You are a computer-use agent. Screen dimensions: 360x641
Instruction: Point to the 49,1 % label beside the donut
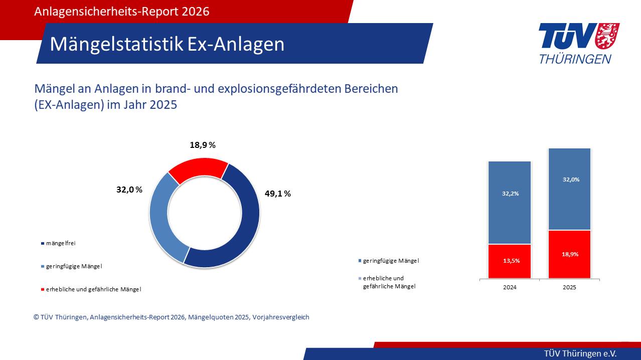pyautogui.click(x=277, y=194)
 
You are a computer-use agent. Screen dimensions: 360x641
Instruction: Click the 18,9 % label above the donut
pyautogui.click(x=203, y=145)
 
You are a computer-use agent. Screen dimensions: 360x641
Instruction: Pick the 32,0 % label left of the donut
pyautogui.click(x=129, y=190)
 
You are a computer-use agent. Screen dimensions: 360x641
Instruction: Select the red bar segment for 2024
pyautogui.click(x=510, y=261)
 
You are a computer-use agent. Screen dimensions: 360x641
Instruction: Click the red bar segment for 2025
pyautogui.click(x=570, y=254)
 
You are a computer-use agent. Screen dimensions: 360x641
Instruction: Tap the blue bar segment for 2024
pyautogui.click(x=510, y=203)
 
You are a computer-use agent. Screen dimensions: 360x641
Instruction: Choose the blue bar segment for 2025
pyautogui.click(x=570, y=189)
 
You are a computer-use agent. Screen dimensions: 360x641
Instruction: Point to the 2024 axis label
pyautogui.click(x=510, y=287)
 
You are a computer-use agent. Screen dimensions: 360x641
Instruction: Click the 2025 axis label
pyautogui.click(x=570, y=287)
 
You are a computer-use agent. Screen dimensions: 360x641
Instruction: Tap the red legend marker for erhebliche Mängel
pyautogui.click(x=43, y=289)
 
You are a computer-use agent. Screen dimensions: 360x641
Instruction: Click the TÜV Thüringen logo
pyautogui.click(x=578, y=43)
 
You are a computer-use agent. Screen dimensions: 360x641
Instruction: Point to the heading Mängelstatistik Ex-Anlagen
pyautogui.click(x=167, y=44)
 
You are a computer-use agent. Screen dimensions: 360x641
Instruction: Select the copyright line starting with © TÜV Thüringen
pyautogui.click(x=172, y=317)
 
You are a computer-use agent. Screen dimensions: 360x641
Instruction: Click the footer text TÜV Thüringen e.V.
pyautogui.click(x=580, y=353)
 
